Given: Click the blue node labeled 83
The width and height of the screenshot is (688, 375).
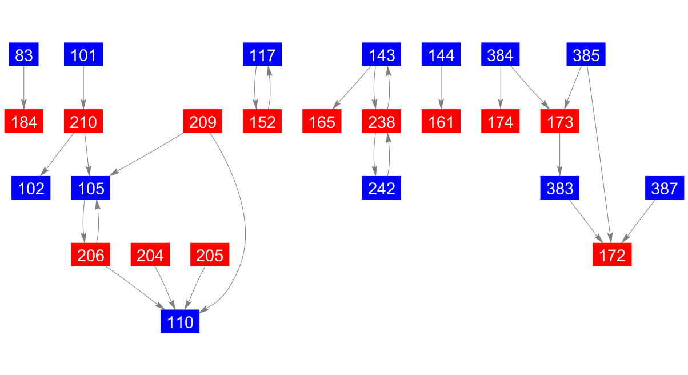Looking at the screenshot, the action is pos(23,54).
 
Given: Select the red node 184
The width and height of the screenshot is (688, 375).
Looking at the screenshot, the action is pos(23,121).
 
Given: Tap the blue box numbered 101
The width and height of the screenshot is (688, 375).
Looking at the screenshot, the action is pos(83,54).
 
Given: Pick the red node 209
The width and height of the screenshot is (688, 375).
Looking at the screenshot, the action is pos(202,121).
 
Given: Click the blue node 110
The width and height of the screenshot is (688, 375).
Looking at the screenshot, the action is pos(179,321).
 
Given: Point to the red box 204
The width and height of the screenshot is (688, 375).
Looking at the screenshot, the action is pos(150,254).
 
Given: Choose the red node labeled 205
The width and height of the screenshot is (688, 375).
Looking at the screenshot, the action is pos(210,254).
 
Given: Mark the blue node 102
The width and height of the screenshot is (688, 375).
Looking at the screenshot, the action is pos(31,188).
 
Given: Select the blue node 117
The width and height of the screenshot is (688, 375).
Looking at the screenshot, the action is pos(262,54).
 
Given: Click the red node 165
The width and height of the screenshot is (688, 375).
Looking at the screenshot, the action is pos(322,121).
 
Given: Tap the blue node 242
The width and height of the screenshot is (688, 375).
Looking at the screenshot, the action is pos(381,188).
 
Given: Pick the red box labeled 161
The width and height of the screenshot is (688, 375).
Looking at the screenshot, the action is pos(441,121).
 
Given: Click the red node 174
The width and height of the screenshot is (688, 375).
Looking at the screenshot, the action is pos(500,121).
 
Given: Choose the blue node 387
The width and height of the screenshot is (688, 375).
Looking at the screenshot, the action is pos(665,188).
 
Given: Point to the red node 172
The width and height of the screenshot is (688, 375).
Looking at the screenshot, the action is pos(612,254).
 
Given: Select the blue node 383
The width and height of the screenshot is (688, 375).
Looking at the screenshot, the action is pos(559,188).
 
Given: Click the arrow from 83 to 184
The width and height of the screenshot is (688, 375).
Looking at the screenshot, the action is pos(23,87).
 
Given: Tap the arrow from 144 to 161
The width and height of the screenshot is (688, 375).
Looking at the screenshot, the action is pos(441,87).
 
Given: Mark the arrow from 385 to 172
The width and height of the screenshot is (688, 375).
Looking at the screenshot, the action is pos(599,154).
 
